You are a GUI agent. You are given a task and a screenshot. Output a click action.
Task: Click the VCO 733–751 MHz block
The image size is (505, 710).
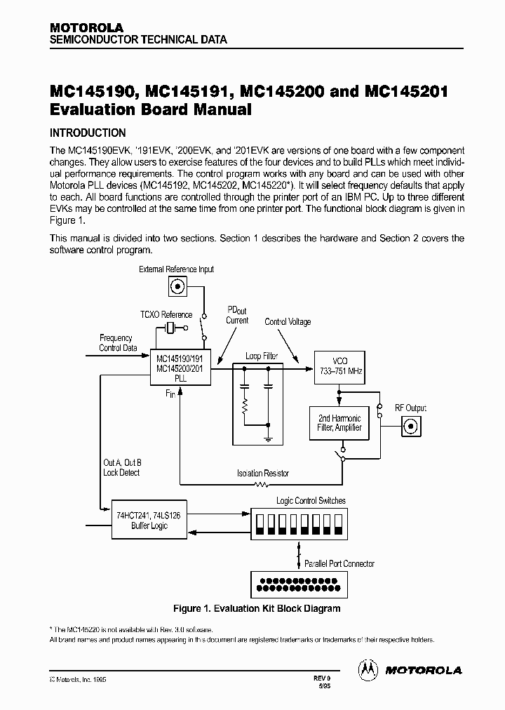point(339,365)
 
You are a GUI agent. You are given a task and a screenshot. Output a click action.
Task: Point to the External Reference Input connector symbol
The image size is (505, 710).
point(176,286)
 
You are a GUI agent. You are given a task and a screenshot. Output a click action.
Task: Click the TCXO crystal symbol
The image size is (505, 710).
point(169,328)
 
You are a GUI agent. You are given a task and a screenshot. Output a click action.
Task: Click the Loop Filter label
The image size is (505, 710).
point(262,356)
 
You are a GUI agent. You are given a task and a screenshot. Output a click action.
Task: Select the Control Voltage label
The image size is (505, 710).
point(288,322)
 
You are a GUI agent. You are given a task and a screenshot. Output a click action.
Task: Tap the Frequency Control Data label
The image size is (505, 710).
point(116,342)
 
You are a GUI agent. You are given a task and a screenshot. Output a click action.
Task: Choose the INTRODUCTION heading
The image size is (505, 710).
point(88,133)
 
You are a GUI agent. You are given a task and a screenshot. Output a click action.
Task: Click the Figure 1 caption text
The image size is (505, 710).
point(257,608)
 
